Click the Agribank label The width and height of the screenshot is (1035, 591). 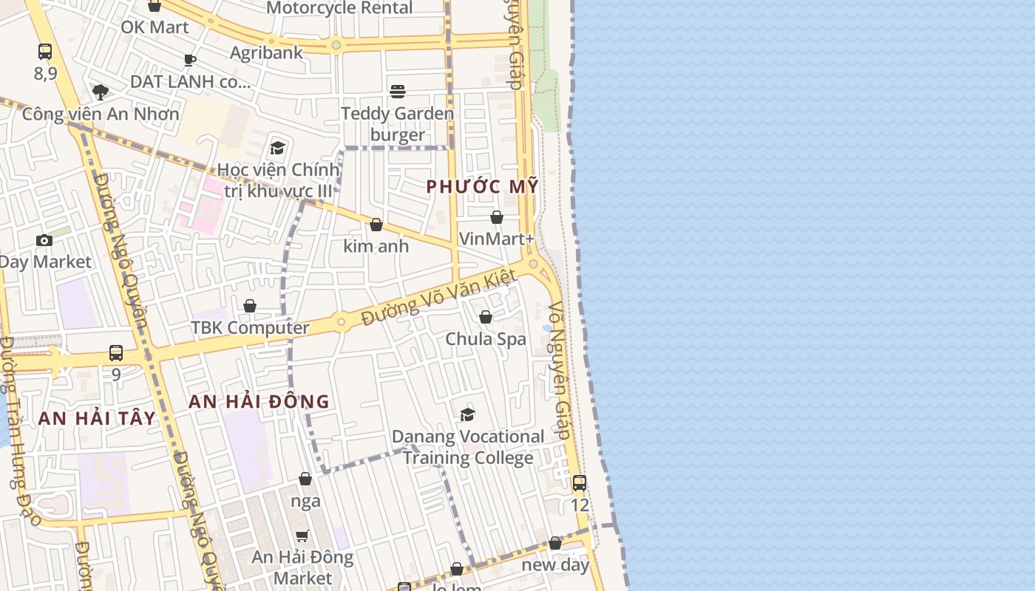click(266, 52)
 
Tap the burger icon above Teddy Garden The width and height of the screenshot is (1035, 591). click(398, 92)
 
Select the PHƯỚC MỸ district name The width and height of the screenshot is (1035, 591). click(482, 187)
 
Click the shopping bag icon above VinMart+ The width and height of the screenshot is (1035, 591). click(497, 217)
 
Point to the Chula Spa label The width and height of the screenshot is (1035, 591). click(486, 339)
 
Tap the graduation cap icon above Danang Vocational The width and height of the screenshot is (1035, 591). click(467, 414)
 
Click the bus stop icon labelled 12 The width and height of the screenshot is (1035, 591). click(580, 483)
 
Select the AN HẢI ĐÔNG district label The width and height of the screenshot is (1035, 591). click(259, 402)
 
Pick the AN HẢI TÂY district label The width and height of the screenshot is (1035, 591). click(97, 418)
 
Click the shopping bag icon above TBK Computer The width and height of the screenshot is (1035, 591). click(250, 306)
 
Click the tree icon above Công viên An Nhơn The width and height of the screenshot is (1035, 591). click(101, 92)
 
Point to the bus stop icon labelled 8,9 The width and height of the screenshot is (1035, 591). click(45, 52)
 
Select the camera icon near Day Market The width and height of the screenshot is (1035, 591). click(44, 240)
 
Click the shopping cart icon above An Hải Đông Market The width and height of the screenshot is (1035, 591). click(302, 536)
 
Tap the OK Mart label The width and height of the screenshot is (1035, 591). click(155, 27)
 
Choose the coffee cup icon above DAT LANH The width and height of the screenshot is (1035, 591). click(190, 60)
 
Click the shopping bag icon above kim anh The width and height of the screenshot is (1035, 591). click(376, 225)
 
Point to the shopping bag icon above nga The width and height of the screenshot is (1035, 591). click(305, 479)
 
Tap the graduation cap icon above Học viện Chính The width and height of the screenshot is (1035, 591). click(278, 148)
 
